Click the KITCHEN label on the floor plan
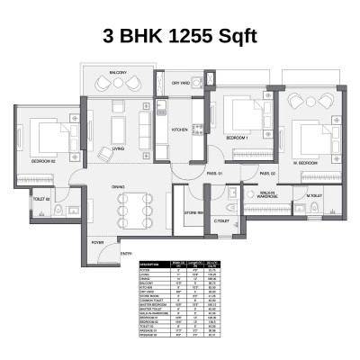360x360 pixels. [x=181, y=130]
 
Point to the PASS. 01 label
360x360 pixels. [x=214, y=173]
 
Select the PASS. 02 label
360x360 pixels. [x=266, y=173]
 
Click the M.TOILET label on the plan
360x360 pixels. [x=313, y=195]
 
